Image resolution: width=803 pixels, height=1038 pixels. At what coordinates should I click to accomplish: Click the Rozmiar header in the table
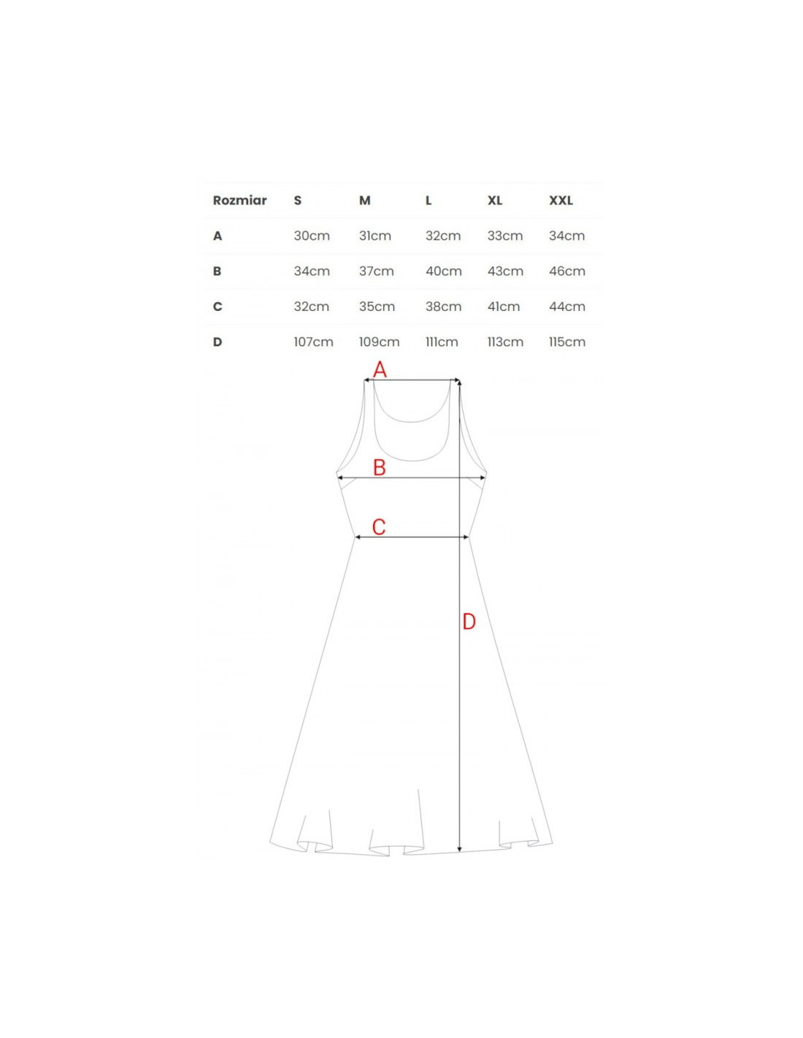tap(239, 200)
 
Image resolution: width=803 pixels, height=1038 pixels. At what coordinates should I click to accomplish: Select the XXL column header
tap(561, 200)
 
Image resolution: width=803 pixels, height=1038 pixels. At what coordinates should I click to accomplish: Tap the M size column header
tap(364, 200)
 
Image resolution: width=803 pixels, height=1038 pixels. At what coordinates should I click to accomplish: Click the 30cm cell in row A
tap(312, 236)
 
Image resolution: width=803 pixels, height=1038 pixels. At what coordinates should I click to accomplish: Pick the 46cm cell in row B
tap(566, 271)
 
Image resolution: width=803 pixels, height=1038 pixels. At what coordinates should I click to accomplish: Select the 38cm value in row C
tap(443, 306)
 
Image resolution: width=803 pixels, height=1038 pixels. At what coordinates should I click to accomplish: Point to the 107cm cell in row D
tap(313, 342)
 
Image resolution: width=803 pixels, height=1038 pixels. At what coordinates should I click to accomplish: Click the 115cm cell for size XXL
tap(566, 342)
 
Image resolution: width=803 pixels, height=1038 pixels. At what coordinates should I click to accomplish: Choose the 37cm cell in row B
tap(377, 271)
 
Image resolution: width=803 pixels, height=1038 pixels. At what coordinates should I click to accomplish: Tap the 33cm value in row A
tap(505, 236)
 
